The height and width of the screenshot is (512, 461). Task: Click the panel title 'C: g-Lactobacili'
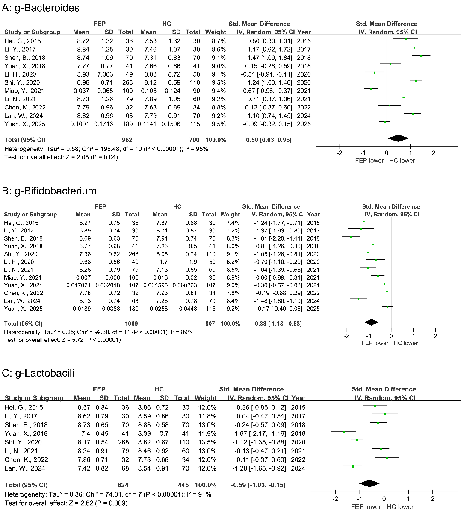pos(38,373)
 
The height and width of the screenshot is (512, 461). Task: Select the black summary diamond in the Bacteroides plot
pos(398,138)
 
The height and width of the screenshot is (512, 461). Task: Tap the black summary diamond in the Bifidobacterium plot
pos(371,322)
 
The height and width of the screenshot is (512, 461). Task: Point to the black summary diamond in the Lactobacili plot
pos(369,483)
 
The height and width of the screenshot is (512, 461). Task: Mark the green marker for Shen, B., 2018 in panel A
pos(421,56)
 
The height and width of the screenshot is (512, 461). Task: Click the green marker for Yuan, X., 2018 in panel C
pos(343,432)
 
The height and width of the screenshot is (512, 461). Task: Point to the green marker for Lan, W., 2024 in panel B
pos(358,299)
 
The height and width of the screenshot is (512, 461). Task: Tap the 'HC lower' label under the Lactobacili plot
pos(400,507)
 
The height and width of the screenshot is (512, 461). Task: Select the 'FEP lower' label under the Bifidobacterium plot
pos(375,343)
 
